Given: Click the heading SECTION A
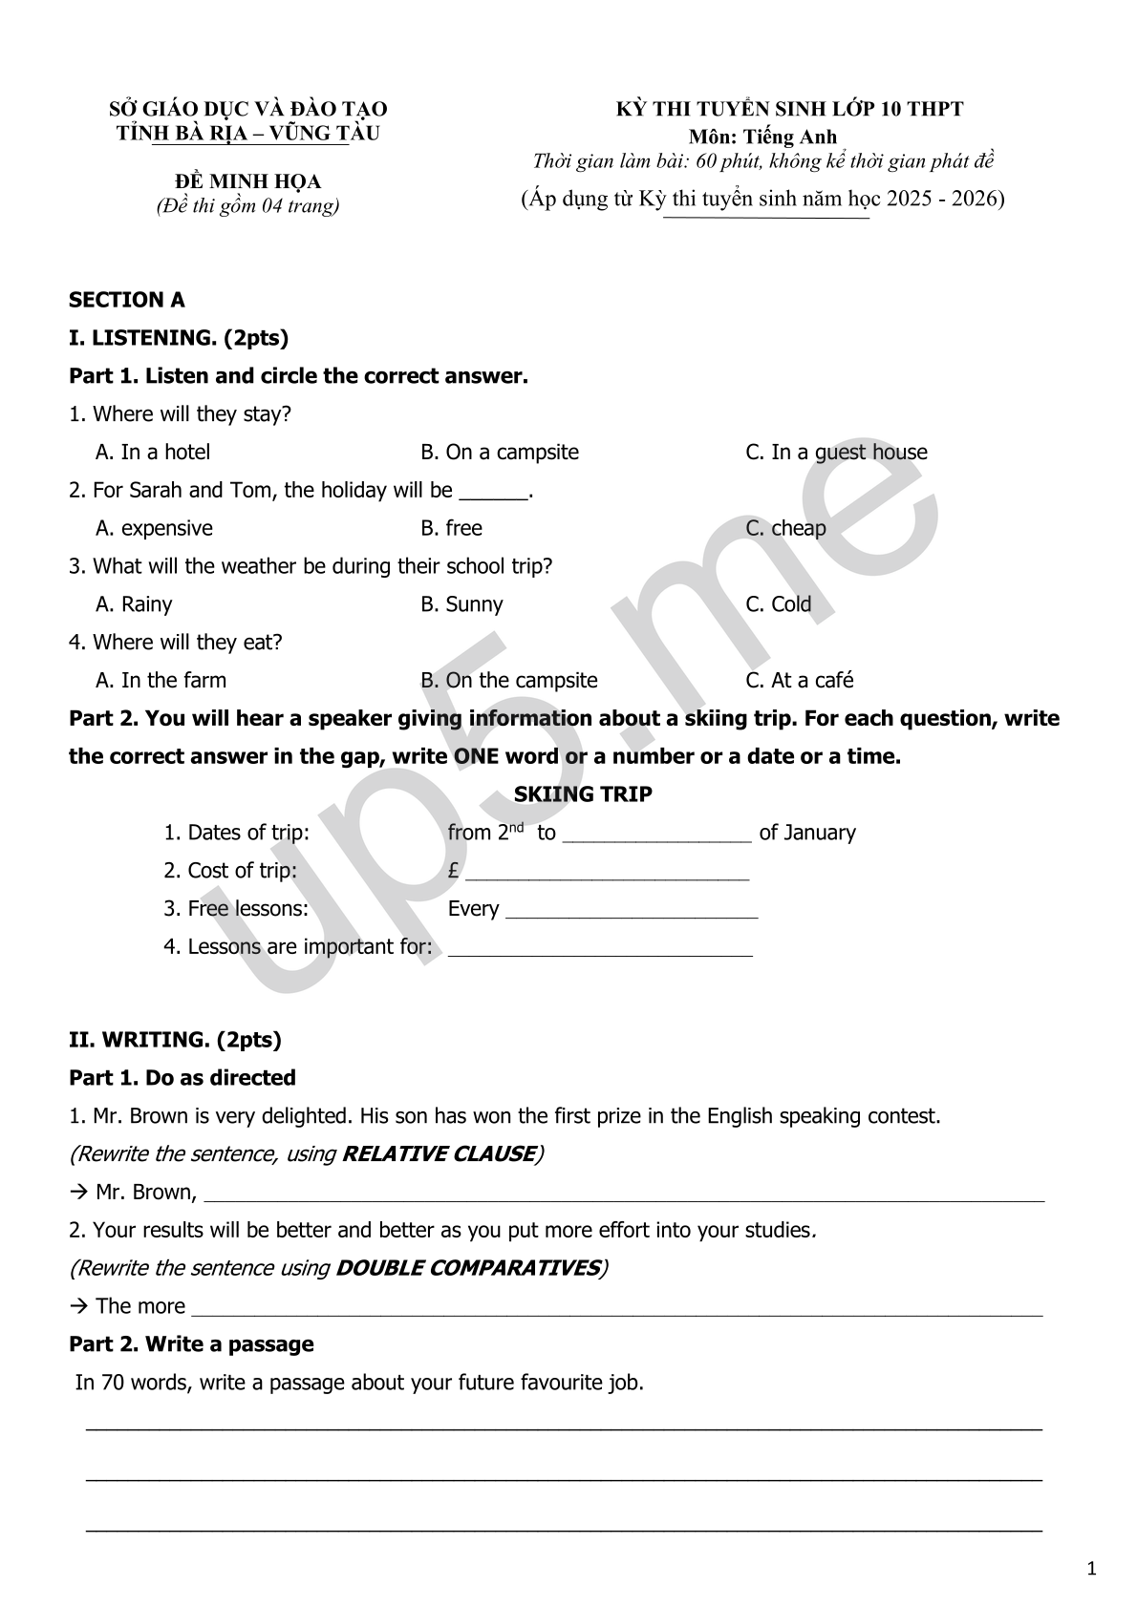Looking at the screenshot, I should [x=126, y=300].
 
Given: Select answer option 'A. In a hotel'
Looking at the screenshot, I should [x=152, y=452].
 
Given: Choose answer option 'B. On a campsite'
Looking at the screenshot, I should [x=499, y=452].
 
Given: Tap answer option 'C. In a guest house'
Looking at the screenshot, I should [x=835, y=452].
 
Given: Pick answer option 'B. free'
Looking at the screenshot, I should [x=451, y=528].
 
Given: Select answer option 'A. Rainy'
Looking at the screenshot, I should [x=134, y=604].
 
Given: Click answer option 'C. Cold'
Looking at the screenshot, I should [x=778, y=604].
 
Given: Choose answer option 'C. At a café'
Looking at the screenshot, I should [x=799, y=680].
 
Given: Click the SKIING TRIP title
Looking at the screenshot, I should [x=583, y=794].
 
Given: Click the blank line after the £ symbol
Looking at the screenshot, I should [x=607, y=873].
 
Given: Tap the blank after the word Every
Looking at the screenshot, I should [x=631, y=911].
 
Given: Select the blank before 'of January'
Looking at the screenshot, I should [x=656, y=835].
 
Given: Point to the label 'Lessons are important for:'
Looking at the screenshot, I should [x=297, y=947].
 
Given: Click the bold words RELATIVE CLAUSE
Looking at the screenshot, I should [x=438, y=1153].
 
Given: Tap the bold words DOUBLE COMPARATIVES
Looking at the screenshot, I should [x=468, y=1268].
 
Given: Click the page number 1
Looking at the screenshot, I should [x=1091, y=1570].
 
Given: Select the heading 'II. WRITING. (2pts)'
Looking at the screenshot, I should [x=175, y=1040].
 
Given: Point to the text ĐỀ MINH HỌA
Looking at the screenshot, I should [x=247, y=181].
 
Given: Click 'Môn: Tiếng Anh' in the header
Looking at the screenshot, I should [x=762, y=137].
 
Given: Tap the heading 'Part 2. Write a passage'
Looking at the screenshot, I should [x=191, y=1344].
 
